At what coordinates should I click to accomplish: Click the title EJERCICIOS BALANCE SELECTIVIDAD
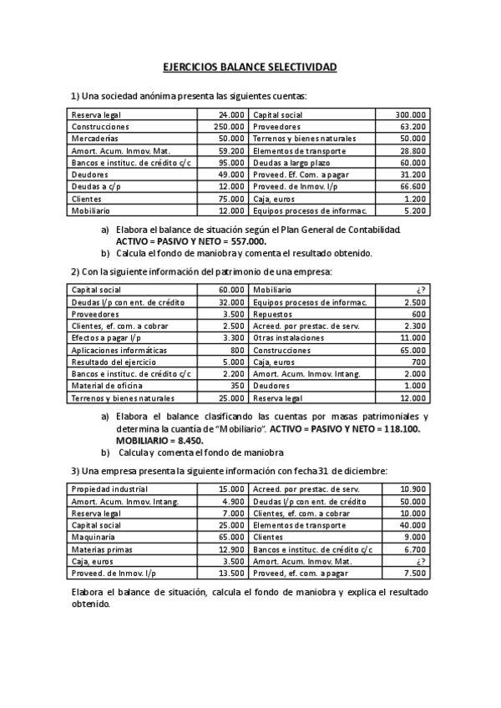[x=250, y=66]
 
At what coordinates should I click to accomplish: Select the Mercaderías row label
[x=94, y=139]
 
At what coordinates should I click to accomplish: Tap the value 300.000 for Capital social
[x=410, y=114]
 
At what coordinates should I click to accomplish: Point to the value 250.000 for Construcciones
[x=229, y=127]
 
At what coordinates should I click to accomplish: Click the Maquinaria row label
[x=93, y=537]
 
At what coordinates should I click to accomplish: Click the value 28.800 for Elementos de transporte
[x=413, y=151]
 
